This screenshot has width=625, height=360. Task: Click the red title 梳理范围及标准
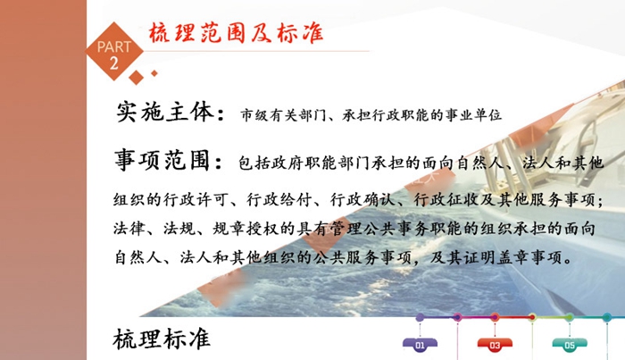pyautogui.click(x=236, y=33)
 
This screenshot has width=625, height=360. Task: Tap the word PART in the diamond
pyautogui.click(x=114, y=47)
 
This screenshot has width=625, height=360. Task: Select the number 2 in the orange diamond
pyautogui.click(x=114, y=63)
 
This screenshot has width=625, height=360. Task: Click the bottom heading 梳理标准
pyautogui.click(x=162, y=339)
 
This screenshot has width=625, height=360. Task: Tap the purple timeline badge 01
pyautogui.click(x=420, y=345)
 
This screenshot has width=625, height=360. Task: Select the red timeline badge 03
pyautogui.click(x=495, y=345)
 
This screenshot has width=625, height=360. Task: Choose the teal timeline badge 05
pyautogui.click(x=570, y=345)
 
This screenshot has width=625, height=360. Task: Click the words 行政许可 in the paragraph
pyautogui.click(x=196, y=199)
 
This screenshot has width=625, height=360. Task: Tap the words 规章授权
pyautogui.click(x=246, y=229)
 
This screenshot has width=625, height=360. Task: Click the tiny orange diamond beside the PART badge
pyautogui.click(x=154, y=73)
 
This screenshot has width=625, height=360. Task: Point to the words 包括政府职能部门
pyautogui.click(x=304, y=163)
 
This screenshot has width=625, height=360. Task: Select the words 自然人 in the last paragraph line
pyautogui.click(x=138, y=257)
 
